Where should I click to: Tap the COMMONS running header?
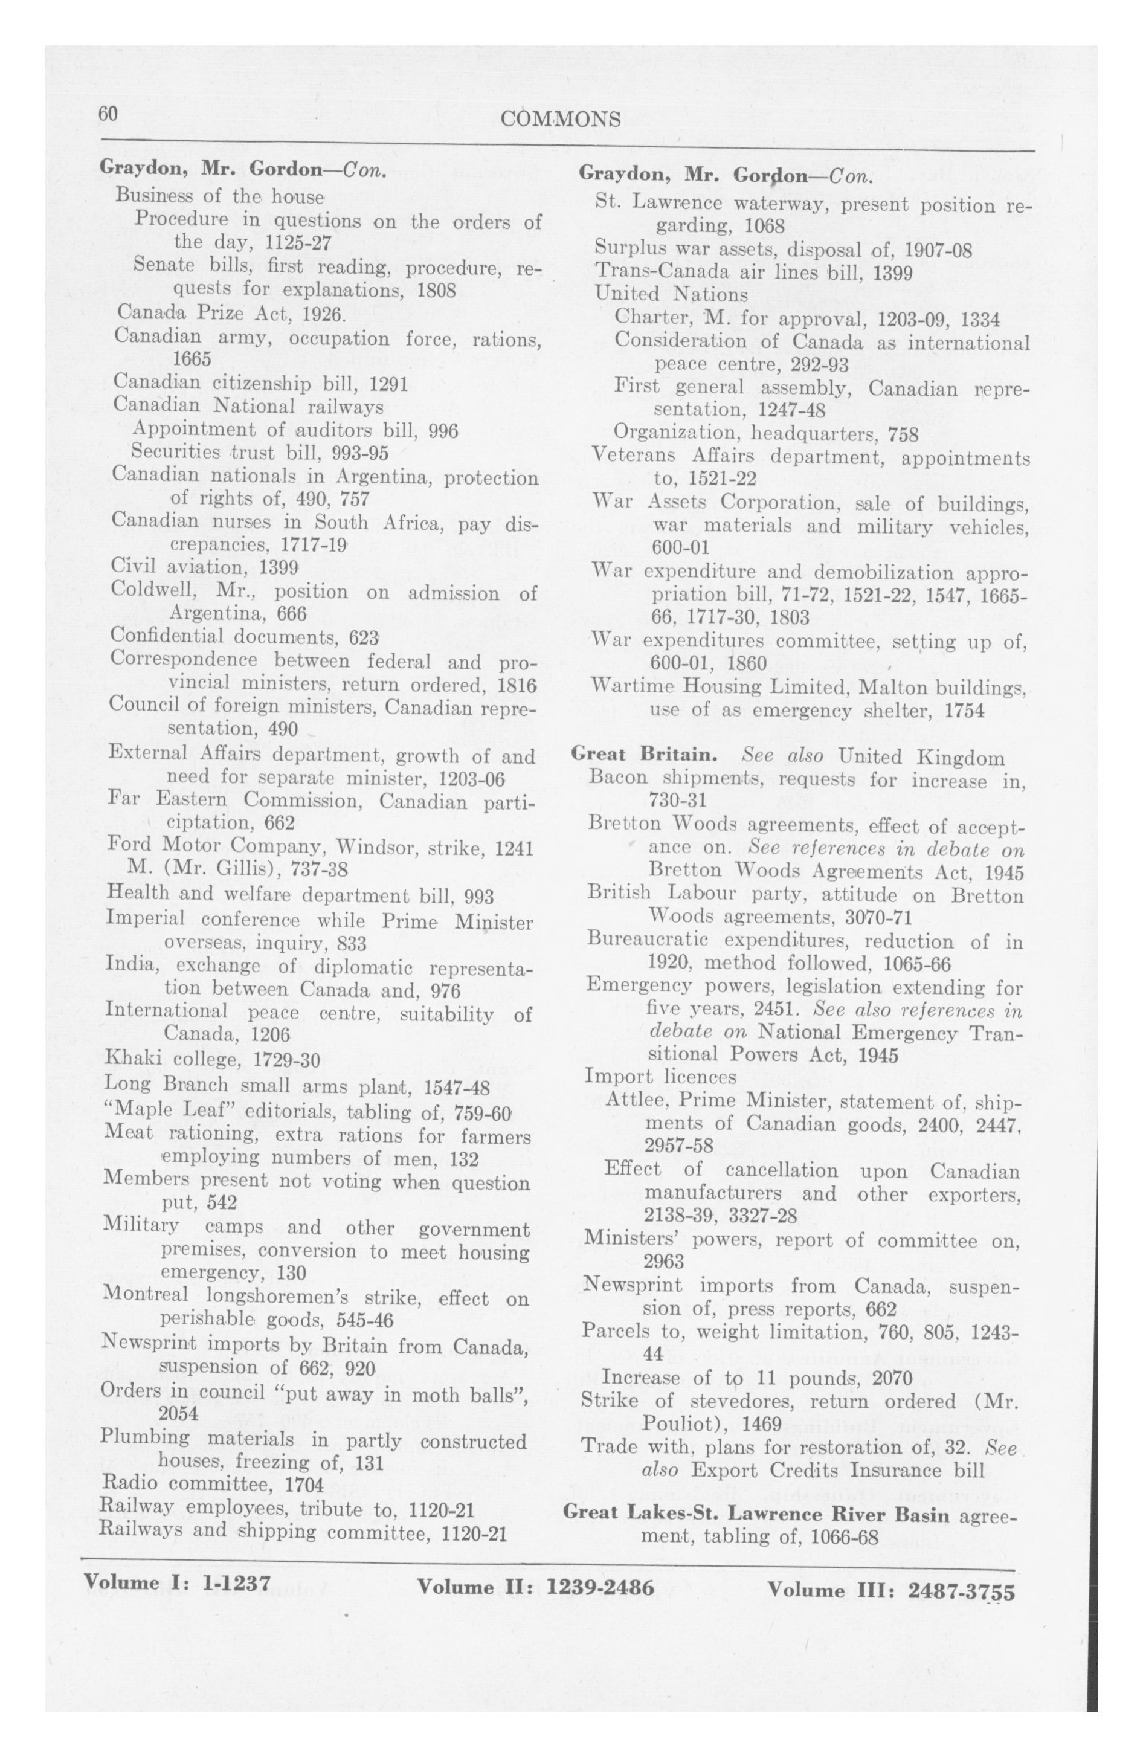click(559, 120)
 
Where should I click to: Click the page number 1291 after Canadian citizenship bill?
click(388, 384)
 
